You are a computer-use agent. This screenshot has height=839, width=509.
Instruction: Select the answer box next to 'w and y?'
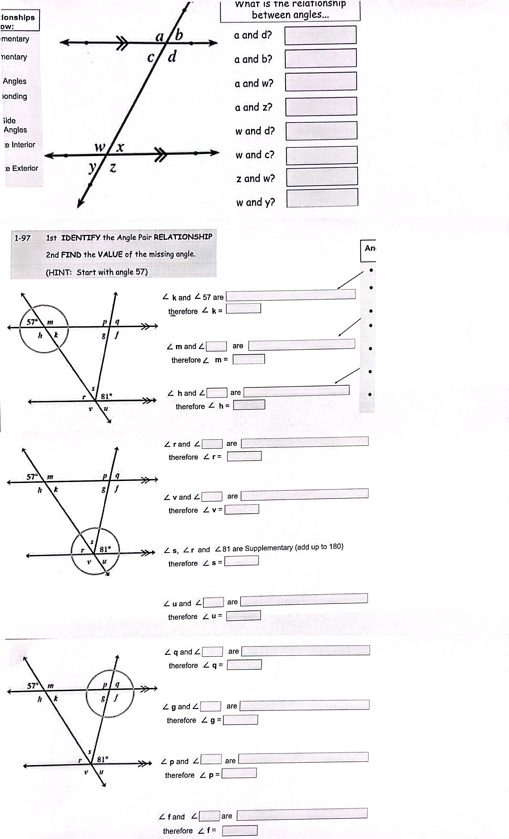click(x=322, y=198)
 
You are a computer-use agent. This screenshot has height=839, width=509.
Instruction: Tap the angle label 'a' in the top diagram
click(x=159, y=36)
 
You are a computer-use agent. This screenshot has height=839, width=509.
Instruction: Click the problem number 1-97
click(x=22, y=238)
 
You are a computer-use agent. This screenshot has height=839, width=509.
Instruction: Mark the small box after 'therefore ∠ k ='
click(x=243, y=308)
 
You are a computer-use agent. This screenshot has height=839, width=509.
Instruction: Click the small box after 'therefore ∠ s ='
click(x=241, y=561)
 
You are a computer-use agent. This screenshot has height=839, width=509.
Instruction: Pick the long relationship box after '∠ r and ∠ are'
click(x=304, y=442)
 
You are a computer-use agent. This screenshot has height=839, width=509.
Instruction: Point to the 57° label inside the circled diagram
click(x=32, y=322)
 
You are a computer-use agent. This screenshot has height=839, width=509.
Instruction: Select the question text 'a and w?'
click(x=254, y=83)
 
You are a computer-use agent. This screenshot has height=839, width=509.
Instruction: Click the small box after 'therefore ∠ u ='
click(x=243, y=615)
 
